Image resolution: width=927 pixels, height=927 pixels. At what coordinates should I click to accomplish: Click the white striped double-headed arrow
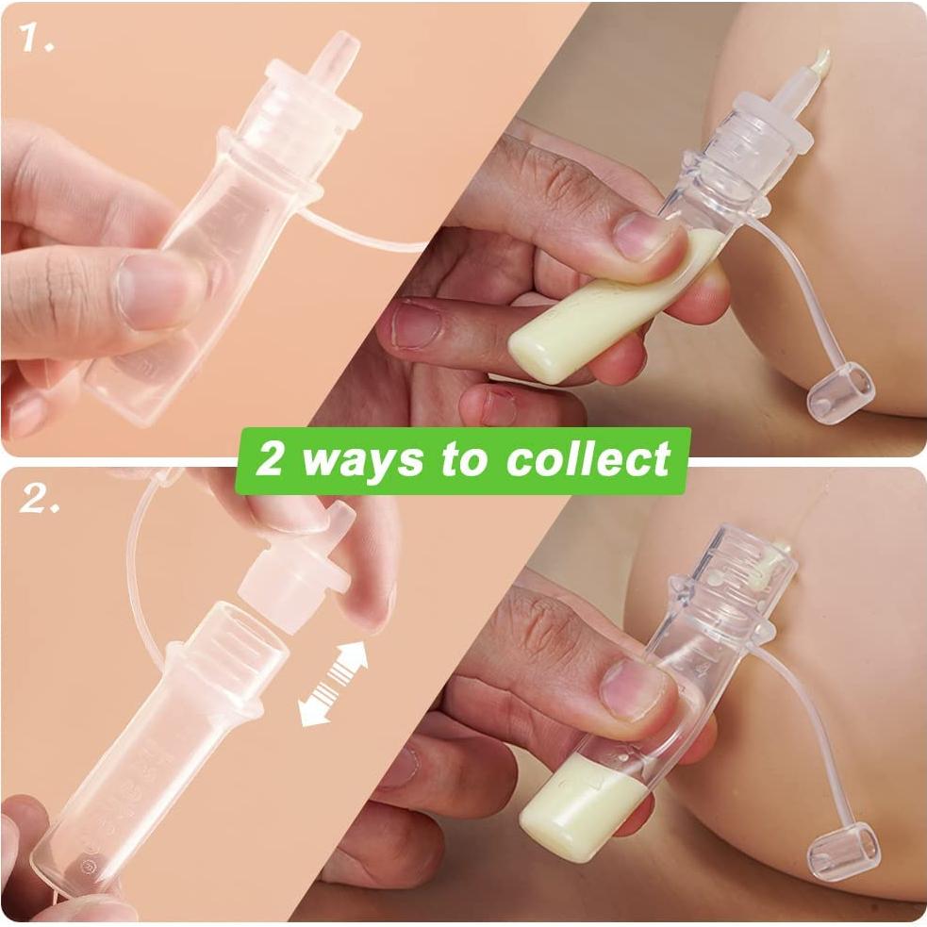(332, 684)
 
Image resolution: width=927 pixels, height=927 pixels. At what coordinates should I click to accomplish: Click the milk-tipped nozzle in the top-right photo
(819, 62)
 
